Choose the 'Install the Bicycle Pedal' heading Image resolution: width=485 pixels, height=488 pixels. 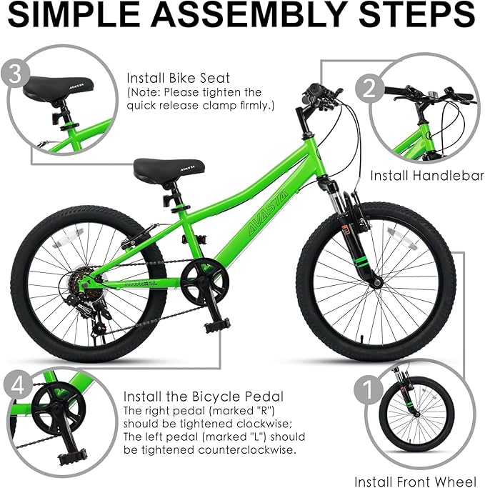click(204, 396)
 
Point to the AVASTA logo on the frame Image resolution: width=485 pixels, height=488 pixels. click(255, 211)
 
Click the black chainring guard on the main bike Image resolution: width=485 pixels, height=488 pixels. click(205, 281)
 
